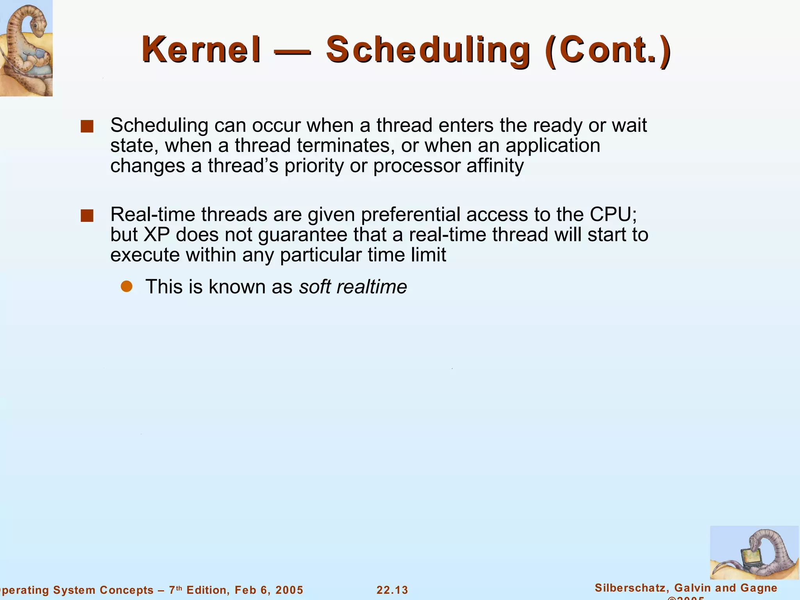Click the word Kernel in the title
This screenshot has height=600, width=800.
click(201, 50)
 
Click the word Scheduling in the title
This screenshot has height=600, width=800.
click(428, 50)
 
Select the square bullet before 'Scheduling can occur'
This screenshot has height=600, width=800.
click(87, 127)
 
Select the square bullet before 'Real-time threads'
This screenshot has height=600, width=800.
click(87, 216)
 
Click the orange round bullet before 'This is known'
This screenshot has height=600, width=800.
click(127, 286)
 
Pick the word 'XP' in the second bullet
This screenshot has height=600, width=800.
click(157, 235)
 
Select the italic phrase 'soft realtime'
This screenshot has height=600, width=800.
click(353, 287)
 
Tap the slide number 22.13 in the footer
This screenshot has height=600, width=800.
click(392, 590)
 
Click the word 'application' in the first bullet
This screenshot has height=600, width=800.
click(553, 146)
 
